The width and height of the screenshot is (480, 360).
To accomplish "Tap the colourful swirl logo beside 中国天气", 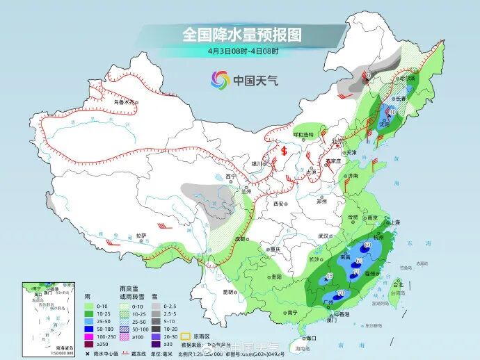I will pyautogui.click(x=221, y=81).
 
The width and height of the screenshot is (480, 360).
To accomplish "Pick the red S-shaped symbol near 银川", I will pyautogui.click(x=283, y=149).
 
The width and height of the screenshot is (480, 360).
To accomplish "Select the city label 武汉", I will pyautogui.click(x=323, y=236).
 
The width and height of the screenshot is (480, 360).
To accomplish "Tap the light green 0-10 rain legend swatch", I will pyautogui.click(x=89, y=306).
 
